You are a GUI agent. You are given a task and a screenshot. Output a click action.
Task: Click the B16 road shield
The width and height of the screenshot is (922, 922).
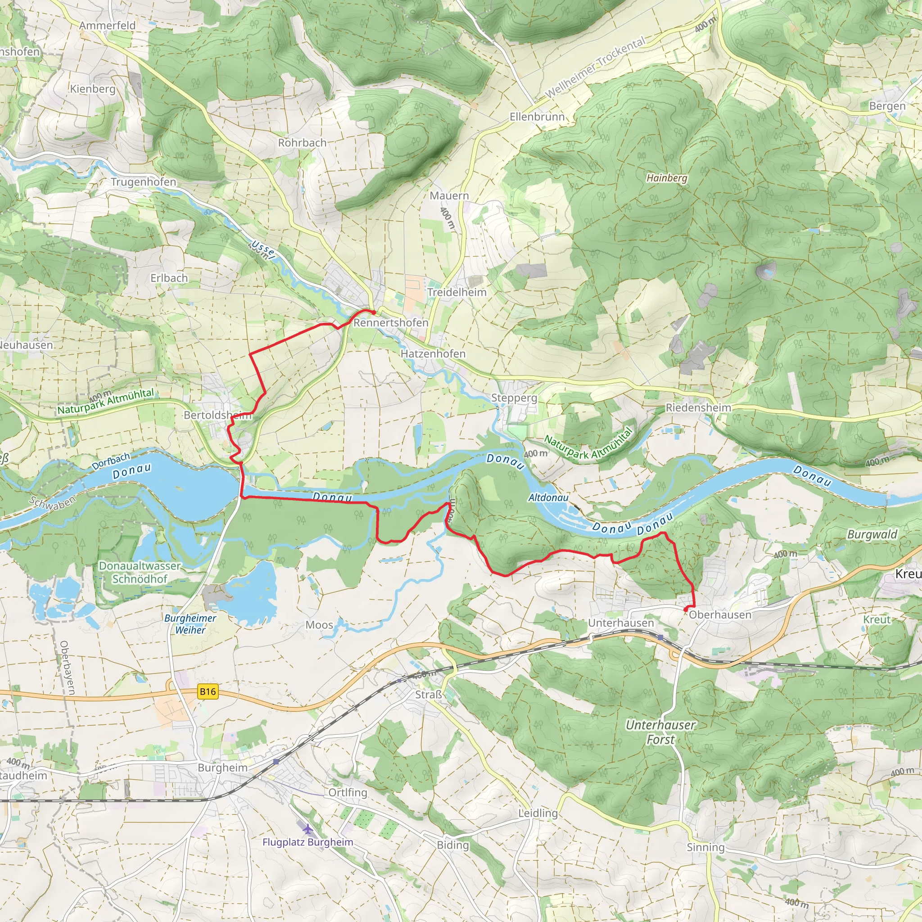[x=208, y=691]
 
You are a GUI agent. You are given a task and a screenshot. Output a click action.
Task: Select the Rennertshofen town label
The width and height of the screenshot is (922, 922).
[x=391, y=323]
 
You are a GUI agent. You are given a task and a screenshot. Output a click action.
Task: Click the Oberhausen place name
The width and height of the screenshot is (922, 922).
[x=720, y=615]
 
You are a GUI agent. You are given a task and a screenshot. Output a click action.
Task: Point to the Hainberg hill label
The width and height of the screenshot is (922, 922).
[x=667, y=178]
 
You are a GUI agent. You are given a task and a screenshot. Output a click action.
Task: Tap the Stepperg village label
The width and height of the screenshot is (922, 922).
[x=514, y=398]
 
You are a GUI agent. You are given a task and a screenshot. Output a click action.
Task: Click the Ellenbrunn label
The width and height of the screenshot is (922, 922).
[x=537, y=117]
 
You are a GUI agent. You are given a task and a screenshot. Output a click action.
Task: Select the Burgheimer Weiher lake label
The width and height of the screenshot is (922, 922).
[x=190, y=624]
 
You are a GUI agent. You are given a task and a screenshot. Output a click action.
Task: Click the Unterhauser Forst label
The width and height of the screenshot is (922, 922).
[x=660, y=732]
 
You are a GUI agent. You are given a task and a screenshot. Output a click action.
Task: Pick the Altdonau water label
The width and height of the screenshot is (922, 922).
[x=548, y=498]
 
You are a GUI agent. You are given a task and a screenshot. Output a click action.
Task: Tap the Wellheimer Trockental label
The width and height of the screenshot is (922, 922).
[x=595, y=67]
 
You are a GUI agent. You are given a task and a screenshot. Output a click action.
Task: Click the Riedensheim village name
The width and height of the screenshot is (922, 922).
[x=698, y=407]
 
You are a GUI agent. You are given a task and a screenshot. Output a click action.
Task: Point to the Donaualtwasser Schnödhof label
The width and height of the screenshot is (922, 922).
[x=140, y=572]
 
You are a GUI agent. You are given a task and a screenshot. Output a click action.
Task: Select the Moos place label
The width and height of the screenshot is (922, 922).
[x=319, y=625]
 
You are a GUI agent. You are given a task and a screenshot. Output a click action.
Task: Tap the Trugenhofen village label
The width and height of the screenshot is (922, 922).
[x=144, y=182]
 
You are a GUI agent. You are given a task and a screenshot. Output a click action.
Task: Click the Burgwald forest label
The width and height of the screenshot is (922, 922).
[x=872, y=534]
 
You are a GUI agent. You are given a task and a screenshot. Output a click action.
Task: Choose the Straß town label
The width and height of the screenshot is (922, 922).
[x=428, y=694]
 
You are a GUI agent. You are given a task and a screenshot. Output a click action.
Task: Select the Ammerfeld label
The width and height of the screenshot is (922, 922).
[x=108, y=25]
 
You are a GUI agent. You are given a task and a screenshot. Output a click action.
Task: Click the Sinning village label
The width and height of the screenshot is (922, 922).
[x=705, y=847]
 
